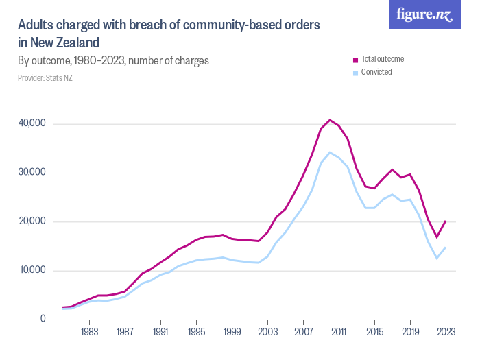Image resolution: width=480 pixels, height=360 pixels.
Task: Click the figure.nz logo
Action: (x=425, y=14)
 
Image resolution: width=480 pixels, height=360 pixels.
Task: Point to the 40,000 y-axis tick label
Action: (x=32, y=123)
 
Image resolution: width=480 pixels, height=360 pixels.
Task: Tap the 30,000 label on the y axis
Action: (x=32, y=172)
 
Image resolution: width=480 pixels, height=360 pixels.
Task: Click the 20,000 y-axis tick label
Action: (x=32, y=221)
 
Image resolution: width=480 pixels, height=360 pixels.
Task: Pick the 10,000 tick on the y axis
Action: (x=32, y=270)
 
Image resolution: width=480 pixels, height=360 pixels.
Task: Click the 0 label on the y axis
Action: (x=42, y=319)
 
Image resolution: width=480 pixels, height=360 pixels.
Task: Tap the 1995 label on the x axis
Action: (x=197, y=333)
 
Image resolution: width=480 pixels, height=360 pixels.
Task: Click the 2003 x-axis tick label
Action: (x=268, y=333)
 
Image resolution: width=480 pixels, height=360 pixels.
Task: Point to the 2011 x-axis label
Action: (x=339, y=333)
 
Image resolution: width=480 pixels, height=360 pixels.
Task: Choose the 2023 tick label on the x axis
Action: (x=446, y=333)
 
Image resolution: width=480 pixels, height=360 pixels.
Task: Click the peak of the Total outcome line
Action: (x=330, y=120)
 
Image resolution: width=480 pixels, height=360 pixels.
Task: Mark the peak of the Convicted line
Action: (x=330, y=152)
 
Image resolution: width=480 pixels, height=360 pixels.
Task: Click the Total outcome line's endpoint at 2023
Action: (x=446, y=221)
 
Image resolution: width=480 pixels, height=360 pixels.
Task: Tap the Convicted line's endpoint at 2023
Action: (x=446, y=248)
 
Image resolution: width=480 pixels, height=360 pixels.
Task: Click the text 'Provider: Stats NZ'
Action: (x=45, y=78)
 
